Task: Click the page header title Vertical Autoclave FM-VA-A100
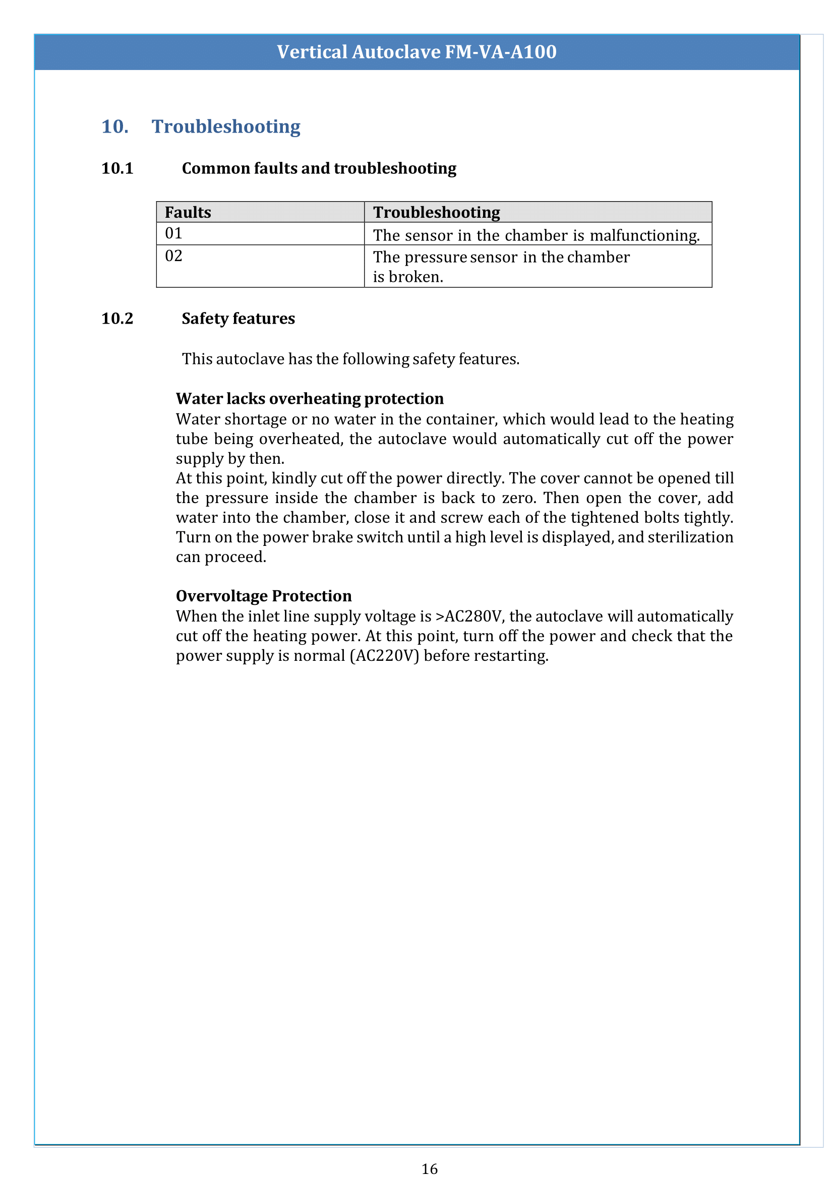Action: point(416,52)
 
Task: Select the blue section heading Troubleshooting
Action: point(226,127)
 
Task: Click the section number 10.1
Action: point(117,168)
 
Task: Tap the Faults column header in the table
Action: point(188,213)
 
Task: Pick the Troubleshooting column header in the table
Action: point(437,213)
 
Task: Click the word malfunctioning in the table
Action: point(644,236)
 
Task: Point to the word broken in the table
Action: point(415,277)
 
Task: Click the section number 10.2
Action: point(117,319)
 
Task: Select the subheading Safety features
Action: point(239,319)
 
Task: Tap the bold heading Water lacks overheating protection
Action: point(310,399)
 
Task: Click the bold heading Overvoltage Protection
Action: point(264,596)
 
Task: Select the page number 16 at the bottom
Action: point(429,1169)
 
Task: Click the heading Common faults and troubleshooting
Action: point(319,168)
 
